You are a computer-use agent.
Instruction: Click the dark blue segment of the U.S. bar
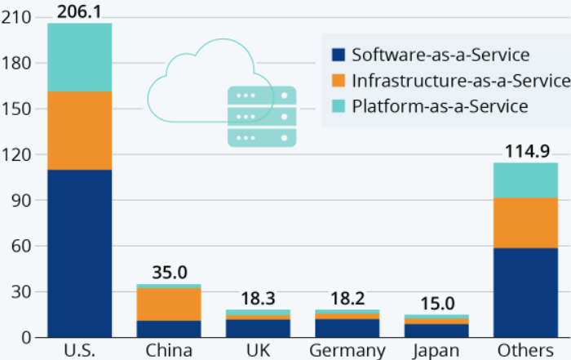(79, 253)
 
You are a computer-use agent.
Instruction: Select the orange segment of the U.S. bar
(79, 131)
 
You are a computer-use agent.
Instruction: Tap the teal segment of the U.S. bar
(79, 57)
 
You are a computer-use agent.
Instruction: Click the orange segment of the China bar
(169, 304)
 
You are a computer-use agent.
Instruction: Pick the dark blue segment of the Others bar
(526, 292)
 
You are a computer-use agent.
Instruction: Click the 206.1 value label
(79, 11)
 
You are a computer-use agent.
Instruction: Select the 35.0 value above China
(169, 272)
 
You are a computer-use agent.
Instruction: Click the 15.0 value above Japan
(437, 303)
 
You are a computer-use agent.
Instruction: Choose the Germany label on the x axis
(347, 350)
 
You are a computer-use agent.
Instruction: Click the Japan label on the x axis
(437, 350)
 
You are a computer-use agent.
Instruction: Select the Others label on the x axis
(526, 350)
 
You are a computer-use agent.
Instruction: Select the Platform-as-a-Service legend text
(440, 106)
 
